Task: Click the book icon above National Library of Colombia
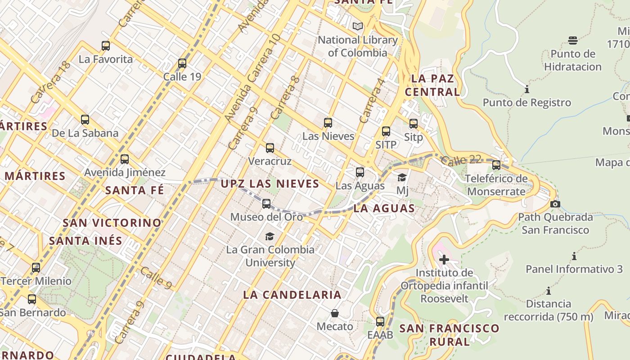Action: point(358,27)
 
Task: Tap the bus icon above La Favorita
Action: point(106,45)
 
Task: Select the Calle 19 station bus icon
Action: point(182,63)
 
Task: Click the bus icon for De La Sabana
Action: point(85,120)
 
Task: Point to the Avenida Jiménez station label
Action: point(125,172)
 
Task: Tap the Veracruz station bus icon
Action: point(270,148)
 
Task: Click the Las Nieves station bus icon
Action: point(328,123)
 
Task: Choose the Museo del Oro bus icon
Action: point(266,204)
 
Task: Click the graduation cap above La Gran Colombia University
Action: point(270,236)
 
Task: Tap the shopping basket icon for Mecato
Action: point(335,313)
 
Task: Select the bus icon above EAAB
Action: point(380,322)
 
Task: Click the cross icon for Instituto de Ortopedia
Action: point(444,260)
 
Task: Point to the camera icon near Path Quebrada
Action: point(555,204)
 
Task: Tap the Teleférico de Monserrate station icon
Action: point(496,165)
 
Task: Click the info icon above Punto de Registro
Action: point(527,90)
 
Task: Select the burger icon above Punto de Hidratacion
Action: point(573,40)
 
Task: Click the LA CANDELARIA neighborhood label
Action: point(292,295)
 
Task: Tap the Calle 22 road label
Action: point(461,160)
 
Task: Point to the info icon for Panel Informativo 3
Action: point(574,256)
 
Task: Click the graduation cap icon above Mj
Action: point(402,178)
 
